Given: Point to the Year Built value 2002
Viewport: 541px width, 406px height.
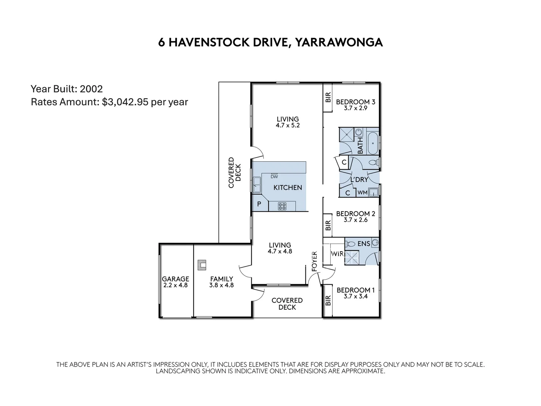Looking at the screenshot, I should [x=91, y=89].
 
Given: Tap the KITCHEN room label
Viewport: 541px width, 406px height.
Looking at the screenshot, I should [x=287, y=188].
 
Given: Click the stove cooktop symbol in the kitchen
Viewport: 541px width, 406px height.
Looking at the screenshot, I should [x=282, y=206].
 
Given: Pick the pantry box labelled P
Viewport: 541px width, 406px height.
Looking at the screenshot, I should [x=259, y=205].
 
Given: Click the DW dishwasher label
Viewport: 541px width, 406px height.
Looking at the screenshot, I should [x=274, y=176].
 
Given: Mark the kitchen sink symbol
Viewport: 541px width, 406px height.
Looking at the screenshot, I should [x=257, y=184].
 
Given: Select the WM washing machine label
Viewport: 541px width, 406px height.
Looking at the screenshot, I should [x=362, y=192].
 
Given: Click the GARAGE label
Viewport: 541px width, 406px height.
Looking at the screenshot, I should [x=175, y=279].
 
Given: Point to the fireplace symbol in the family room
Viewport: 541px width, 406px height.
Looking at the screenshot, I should [x=202, y=265].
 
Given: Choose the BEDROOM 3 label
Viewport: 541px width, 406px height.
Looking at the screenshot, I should [x=355, y=102].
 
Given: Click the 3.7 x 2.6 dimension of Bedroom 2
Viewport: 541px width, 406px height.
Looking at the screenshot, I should [x=355, y=220].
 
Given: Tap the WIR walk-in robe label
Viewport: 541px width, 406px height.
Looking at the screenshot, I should [x=337, y=254].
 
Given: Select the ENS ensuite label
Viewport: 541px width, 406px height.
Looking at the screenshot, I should [x=363, y=244].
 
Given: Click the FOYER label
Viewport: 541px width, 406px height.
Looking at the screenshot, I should [x=315, y=261].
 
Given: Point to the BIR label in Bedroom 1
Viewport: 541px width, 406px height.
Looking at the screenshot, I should [x=328, y=300].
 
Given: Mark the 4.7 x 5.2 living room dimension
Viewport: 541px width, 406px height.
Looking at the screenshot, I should [x=287, y=126].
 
